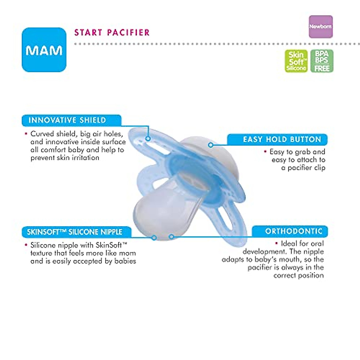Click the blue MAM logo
[x=44, y=50]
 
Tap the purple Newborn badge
[x=320, y=27]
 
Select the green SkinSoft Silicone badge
[x=296, y=61]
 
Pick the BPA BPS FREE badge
[x=322, y=61]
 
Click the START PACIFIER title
[x=112, y=32]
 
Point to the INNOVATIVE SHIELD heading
[x=67, y=120]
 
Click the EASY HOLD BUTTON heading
[x=282, y=139]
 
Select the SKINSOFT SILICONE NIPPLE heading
[x=75, y=232]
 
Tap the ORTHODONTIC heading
[x=294, y=231]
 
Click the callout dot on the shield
[x=148, y=139]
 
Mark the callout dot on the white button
[x=211, y=145]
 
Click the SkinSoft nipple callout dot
[x=154, y=238]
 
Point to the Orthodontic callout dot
[x=171, y=237]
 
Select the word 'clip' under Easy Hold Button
[x=319, y=168]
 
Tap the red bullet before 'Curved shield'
[x=26, y=134]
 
